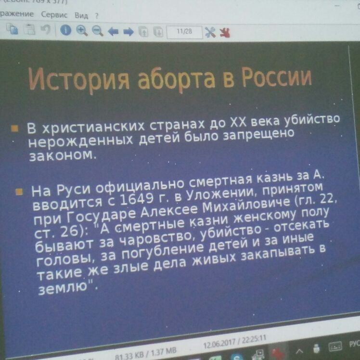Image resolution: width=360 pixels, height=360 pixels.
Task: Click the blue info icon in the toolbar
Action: [x=65, y=30]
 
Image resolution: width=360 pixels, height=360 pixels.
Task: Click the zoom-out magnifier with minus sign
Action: [x=98, y=31]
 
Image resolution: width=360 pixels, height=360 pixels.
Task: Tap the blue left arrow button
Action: [x=113, y=31]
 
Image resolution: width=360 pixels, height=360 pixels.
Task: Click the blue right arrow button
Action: [x=129, y=32]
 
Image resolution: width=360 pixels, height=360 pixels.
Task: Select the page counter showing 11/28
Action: [x=184, y=31]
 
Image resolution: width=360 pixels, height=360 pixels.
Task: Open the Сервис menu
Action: [x=54, y=15]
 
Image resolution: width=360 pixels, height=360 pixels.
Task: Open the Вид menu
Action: [x=81, y=15]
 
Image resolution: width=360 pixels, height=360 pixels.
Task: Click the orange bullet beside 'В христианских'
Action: [x=14, y=129]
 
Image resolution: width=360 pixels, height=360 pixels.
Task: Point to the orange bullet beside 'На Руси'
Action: [x=19, y=192]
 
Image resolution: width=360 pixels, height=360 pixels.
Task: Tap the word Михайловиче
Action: [x=246, y=205]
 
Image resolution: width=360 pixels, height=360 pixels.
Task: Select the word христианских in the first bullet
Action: [x=93, y=127]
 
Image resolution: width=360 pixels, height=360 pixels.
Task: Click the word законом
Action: [x=63, y=155]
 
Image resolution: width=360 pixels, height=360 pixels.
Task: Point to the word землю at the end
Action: [x=63, y=288]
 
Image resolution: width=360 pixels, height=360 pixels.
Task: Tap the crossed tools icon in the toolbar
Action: [x=210, y=32]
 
